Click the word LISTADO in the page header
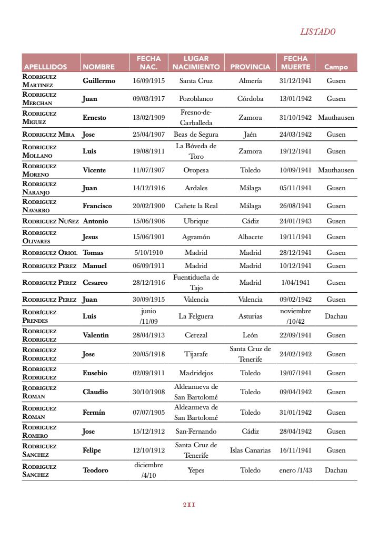click(x=317, y=32)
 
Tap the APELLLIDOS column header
click(x=45, y=67)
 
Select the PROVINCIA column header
click(x=250, y=67)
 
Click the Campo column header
click(x=336, y=67)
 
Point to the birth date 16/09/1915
click(x=148, y=81)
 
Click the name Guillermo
click(x=98, y=81)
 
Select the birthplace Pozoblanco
click(x=196, y=99)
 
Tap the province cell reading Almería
click(x=250, y=81)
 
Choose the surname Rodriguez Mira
click(x=48, y=135)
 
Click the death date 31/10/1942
click(x=295, y=118)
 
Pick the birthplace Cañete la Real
click(x=196, y=206)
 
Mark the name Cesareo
click(x=95, y=283)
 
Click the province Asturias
click(x=250, y=316)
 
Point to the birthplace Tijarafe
click(x=196, y=354)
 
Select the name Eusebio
click(x=95, y=373)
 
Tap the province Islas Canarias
click(x=250, y=450)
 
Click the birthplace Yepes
click(x=196, y=470)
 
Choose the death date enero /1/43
click(x=295, y=470)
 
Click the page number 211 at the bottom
click(x=189, y=505)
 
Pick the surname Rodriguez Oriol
click(x=50, y=253)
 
